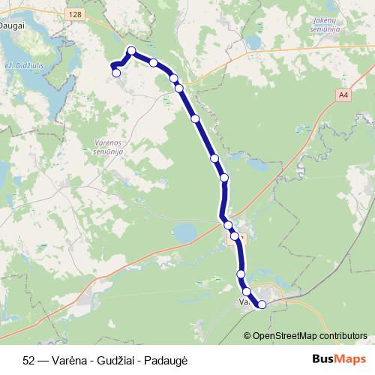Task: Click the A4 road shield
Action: [343, 95]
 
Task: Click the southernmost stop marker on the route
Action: [262, 304]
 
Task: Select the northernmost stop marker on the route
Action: [131, 51]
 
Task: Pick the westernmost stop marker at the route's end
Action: [116, 73]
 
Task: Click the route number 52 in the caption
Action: [28, 359]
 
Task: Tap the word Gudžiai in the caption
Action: [107, 359]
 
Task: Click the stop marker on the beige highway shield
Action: [235, 236]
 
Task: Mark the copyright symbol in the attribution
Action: [247, 336]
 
